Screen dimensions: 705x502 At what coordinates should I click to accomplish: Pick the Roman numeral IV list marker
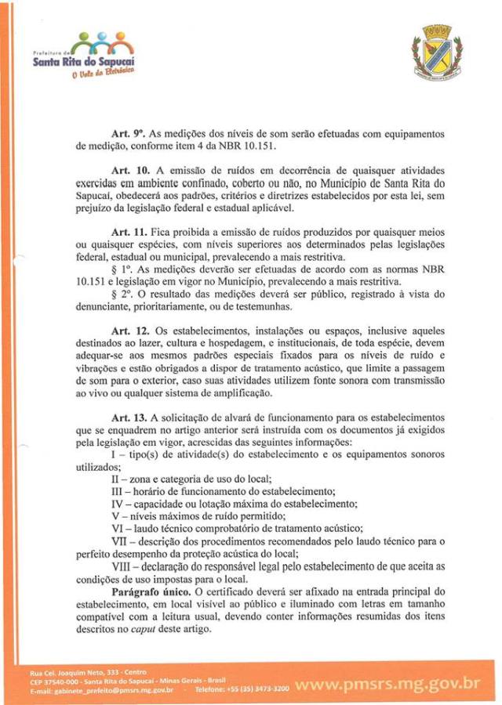point(118,503)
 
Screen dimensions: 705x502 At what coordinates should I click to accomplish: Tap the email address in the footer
point(102,690)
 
